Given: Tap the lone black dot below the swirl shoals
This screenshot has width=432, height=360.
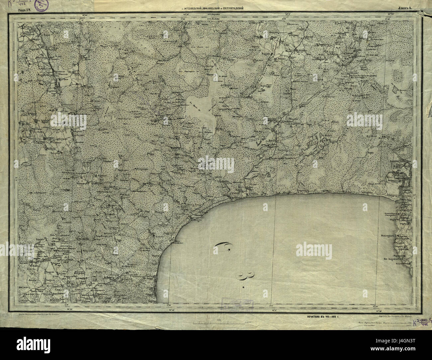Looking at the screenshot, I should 244,287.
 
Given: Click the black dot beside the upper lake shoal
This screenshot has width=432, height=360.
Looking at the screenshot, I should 229,250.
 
